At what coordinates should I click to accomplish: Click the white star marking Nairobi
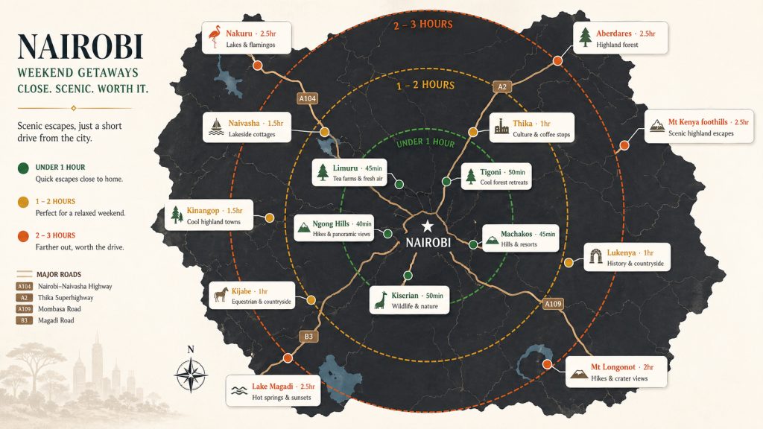tap(427, 226)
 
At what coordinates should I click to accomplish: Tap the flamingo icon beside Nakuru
tap(214, 37)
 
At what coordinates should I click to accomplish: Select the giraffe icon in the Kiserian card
tap(381, 300)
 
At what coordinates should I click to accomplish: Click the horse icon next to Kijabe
tap(221, 293)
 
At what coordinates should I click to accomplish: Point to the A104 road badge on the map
tap(307, 98)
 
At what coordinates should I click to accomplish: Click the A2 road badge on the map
tap(502, 86)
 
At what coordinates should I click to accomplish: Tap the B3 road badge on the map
tap(308, 336)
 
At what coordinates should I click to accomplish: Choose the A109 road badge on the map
tap(553, 304)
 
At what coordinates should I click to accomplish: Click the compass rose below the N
tap(191, 375)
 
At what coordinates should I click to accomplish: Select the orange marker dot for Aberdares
tap(557, 61)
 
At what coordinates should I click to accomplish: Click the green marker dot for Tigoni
tap(446, 182)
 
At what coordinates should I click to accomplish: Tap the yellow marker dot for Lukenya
tap(569, 263)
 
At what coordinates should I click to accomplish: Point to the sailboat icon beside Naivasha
tap(216, 127)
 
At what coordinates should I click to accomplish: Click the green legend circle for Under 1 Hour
tap(23, 168)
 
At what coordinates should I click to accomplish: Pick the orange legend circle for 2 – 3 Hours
tap(23, 236)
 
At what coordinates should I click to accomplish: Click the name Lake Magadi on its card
tap(272, 387)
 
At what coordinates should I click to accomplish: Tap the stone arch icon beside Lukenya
tap(595, 256)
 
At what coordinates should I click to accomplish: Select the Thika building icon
tap(501, 126)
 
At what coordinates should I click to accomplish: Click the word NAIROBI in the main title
tap(80, 47)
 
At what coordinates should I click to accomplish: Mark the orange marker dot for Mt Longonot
tap(547, 364)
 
